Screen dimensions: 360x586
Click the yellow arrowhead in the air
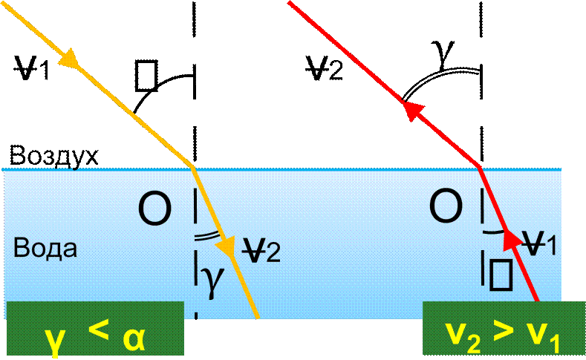71,59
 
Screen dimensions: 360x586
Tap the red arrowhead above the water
413,110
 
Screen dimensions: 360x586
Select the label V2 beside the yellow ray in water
262,252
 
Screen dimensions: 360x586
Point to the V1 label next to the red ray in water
541,243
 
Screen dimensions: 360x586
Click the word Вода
45,248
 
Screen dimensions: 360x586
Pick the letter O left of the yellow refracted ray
154,209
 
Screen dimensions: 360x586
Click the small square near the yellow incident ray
145,73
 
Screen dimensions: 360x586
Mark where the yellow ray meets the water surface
194,168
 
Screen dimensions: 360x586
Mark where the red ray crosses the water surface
481,168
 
